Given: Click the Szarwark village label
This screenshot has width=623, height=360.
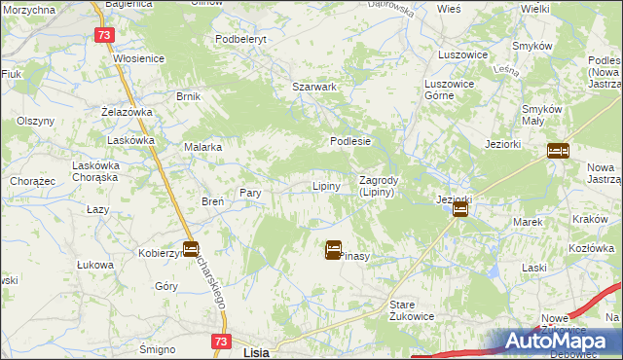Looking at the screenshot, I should (314, 87).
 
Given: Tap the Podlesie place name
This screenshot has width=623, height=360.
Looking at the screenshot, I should (350, 141).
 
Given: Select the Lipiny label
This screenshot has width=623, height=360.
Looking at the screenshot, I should (325, 186).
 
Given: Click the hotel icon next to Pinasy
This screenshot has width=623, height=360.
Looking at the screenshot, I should (333, 250).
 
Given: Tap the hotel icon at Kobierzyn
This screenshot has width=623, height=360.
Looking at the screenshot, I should (191, 249).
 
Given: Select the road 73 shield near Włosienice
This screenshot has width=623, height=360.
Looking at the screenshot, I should (106, 34).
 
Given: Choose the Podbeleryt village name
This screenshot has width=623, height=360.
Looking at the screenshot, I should (240, 39).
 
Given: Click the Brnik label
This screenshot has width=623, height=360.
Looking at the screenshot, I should (188, 96).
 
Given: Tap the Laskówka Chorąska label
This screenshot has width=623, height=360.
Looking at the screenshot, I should (95, 171).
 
